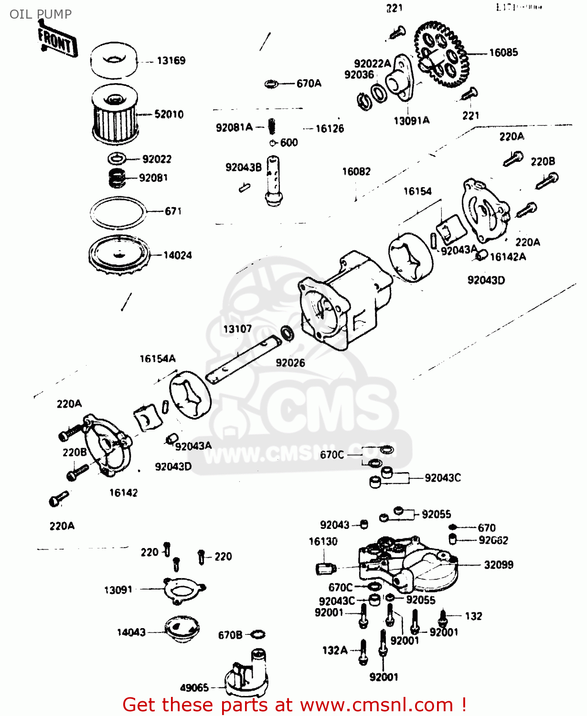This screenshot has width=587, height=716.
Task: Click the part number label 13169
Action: [171, 61]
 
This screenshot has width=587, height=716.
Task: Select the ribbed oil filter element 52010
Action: [115, 115]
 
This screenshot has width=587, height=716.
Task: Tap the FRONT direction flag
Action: [57, 42]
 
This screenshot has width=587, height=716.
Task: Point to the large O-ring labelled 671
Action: [117, 212]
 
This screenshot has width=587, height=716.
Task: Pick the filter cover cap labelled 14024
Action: [118, 255]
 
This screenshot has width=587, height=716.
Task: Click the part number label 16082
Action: [356, 171]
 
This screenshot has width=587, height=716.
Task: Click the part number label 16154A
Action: [158, 358]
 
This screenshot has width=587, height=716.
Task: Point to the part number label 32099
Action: [498, 565]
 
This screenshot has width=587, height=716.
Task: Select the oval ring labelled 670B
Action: [257, 634]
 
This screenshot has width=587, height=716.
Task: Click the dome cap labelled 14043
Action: [181, 629]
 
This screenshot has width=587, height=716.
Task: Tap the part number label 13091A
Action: [411, 121]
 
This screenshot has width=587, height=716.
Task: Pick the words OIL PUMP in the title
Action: [41, 14]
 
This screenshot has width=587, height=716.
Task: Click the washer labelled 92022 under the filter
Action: [117, 158]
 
